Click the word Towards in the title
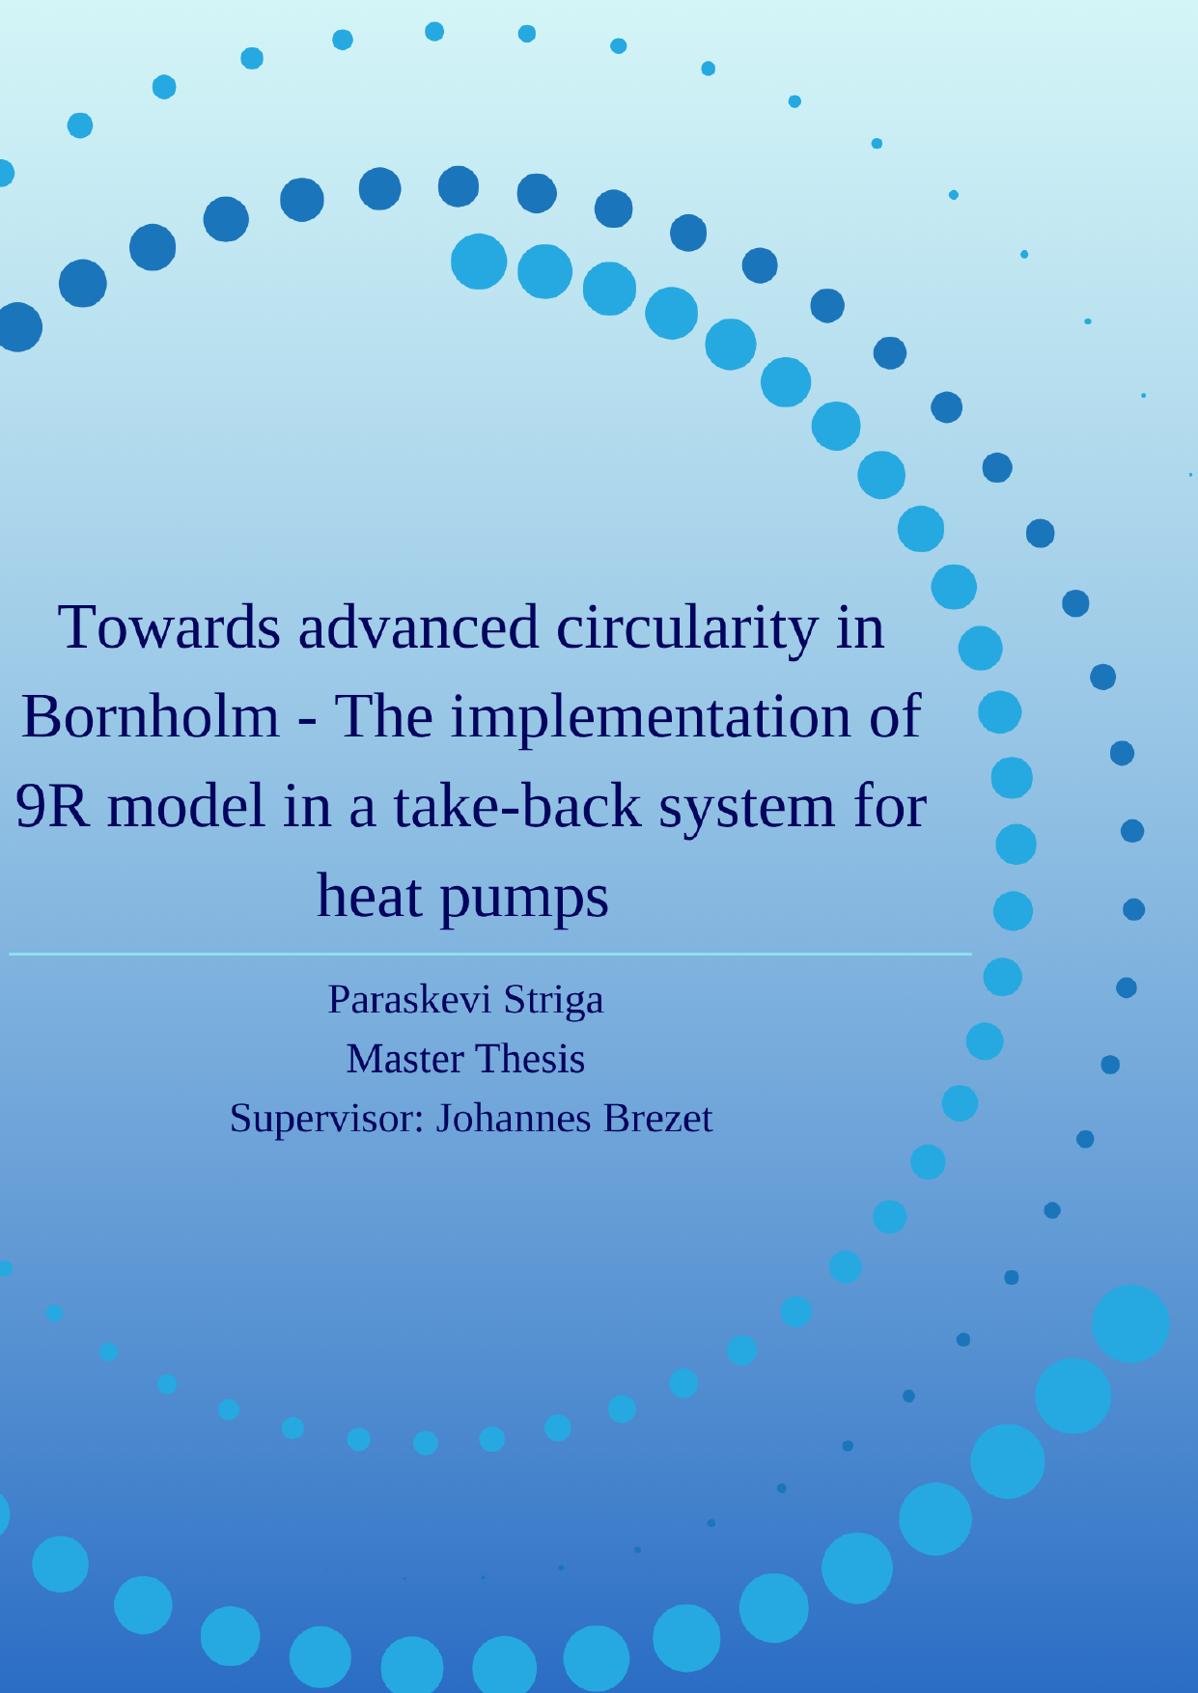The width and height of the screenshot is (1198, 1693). pos(169,627)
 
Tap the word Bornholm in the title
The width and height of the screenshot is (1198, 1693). pos(151,717)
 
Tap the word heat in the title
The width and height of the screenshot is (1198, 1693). pos(370,896)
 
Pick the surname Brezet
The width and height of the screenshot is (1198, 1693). pos(658,1119)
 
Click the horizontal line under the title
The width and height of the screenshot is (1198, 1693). pos(490,954)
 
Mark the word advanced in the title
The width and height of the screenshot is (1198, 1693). pos(418,627)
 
